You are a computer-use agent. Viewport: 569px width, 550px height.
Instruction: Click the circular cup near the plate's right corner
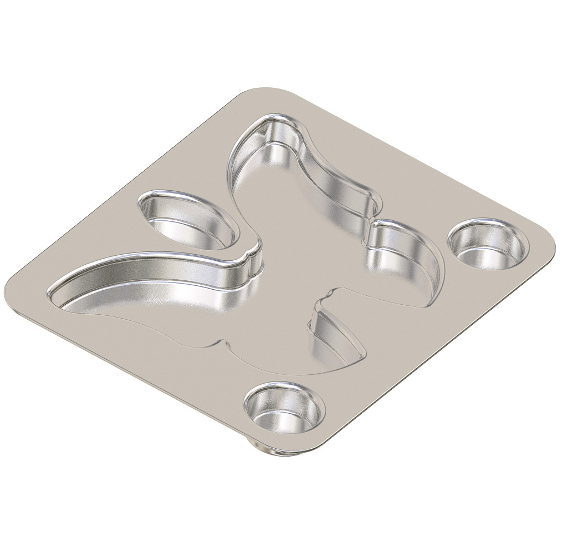click(487, 245)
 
